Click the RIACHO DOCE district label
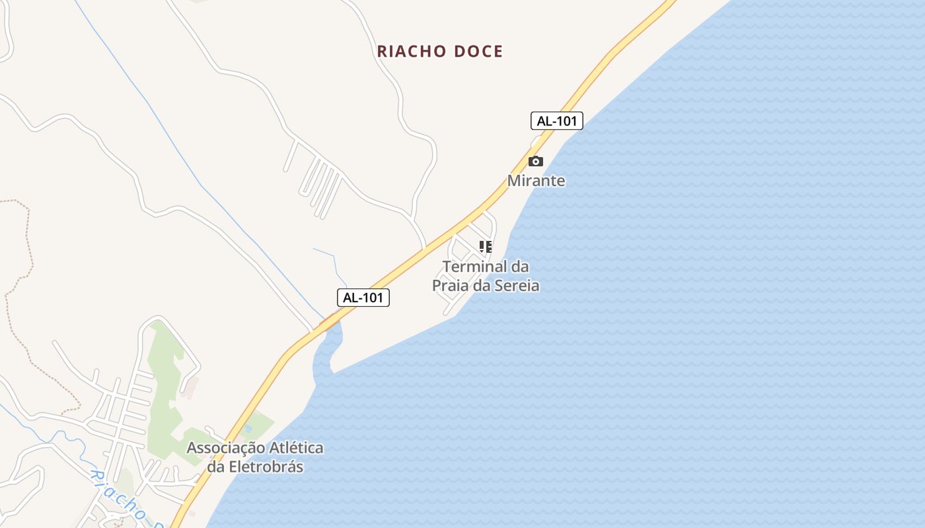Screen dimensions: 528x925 [x=440, y=51]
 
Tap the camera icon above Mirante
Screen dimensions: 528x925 [x=535, y=161]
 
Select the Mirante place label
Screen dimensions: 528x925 [x=536, y=180]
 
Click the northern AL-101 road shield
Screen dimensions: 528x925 [x=556, y=121]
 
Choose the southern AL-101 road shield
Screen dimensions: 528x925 [x=363, y=298]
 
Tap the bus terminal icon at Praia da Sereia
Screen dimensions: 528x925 [x=486, y=247]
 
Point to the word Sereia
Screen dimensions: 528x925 [x=517, y=285]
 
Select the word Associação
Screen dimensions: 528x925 [x=225, y=447]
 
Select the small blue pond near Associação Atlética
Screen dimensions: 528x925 [x=248, y=428]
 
